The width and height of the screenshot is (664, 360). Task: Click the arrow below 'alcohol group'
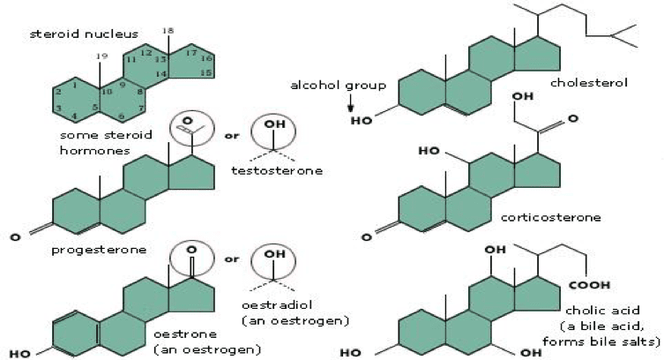click(350, 107)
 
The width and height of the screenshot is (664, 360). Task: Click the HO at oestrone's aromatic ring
click(19, 353)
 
